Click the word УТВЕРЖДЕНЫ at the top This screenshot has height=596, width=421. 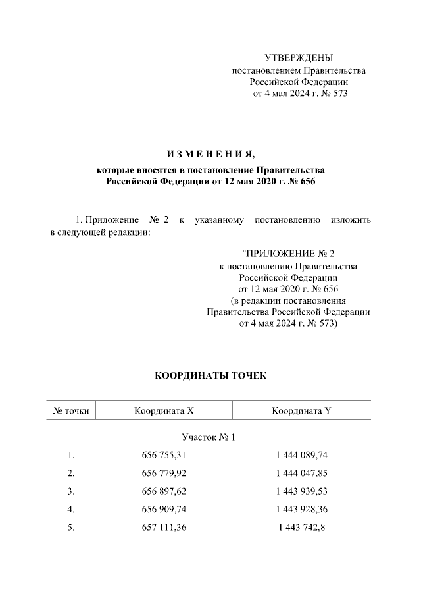(x=299, y=58)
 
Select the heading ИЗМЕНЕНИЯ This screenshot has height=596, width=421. (x=210, y=155)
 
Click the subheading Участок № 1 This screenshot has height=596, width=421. (x=208, y=437)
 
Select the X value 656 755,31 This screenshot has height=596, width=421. (x=164, y=455)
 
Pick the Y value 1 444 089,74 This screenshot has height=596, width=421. (x=301, y=455)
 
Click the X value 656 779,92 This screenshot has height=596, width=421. (x=164, y=473)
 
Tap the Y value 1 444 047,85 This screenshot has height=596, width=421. (x=301, y=473)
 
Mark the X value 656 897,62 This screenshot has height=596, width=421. (x=164, y=491)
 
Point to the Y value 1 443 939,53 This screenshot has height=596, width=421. (x=301, y=491)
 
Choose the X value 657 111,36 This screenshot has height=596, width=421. (x=164, y=527)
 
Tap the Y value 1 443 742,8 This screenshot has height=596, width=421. (x=301, y=527)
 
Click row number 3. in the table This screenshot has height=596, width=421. (x=71, y=491)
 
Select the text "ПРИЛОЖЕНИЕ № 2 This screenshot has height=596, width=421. (x=288, y=254)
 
